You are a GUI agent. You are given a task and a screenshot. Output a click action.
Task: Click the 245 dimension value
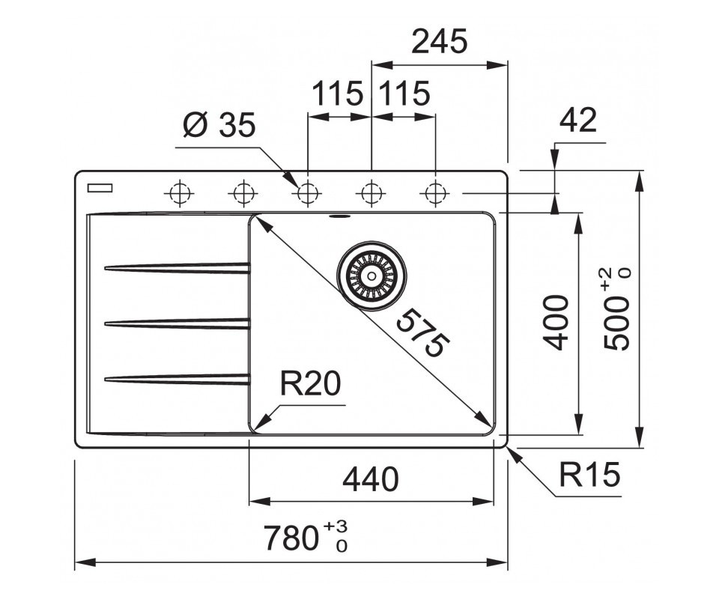440,41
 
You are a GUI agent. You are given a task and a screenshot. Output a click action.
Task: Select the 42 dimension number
578,120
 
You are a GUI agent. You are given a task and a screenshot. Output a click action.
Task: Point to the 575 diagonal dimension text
422,332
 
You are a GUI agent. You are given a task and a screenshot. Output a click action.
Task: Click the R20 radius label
310,383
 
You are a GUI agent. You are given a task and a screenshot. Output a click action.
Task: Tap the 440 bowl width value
371,479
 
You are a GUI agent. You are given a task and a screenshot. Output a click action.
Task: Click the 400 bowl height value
555,323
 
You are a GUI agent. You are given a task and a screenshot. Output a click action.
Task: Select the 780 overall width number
291,538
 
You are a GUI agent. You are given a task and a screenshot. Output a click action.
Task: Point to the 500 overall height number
616,323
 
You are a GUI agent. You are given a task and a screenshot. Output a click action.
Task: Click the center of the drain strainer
371,276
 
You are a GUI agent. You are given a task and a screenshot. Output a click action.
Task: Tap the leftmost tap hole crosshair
179,193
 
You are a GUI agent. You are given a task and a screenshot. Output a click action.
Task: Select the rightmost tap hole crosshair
435,193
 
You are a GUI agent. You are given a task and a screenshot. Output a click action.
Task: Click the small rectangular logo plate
100,187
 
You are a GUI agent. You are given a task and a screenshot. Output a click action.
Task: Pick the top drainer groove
178,268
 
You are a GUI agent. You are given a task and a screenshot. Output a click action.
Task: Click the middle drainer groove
178,323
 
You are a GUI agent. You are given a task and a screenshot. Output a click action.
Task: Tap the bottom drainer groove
178,379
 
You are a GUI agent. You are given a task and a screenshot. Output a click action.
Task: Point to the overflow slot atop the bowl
340,216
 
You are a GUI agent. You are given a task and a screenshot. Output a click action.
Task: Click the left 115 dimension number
337,94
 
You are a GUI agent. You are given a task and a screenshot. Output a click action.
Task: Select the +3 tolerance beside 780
336,526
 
